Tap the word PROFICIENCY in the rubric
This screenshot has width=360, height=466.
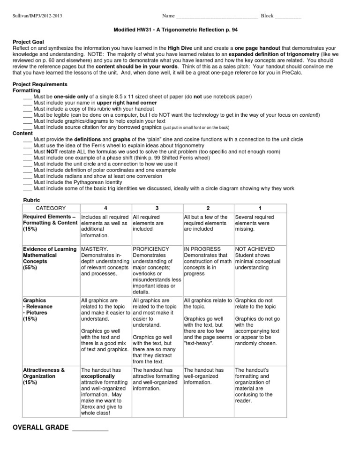[151, 249]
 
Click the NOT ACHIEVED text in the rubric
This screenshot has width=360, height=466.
[255, 249]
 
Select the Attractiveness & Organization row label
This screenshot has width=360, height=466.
[44, 373]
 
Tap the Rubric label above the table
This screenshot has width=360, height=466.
[31, 200]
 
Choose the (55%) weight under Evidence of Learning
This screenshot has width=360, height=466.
[30, 267]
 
